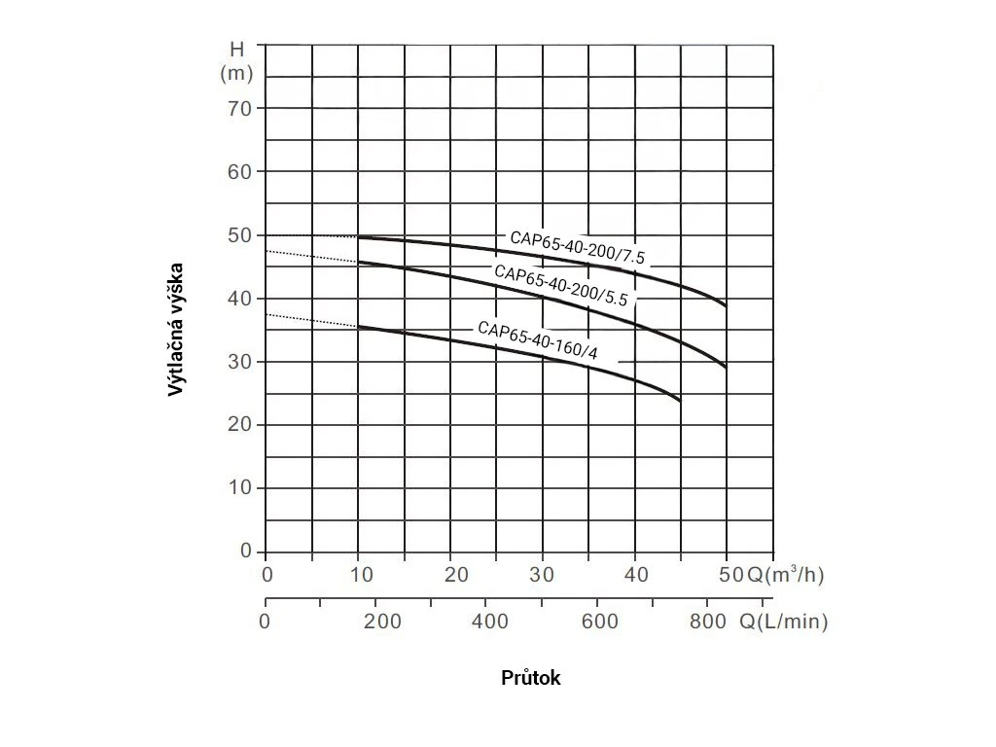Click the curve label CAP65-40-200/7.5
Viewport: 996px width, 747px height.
tap(578, 248)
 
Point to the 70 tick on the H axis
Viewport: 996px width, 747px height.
tap(240, 108)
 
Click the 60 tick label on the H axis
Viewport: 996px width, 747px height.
tap(240, 171)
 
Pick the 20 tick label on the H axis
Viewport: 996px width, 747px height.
tap(240, 425)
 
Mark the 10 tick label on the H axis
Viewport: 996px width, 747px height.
tap(240, 488)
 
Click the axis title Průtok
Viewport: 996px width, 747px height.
tap(531, 678)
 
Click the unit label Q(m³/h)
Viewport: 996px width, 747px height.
tap(785, 574)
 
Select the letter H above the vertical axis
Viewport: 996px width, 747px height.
tap(237, 50)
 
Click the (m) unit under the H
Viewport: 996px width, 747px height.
tap(237, 73)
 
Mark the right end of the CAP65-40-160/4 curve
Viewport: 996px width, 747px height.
tap(680, 400)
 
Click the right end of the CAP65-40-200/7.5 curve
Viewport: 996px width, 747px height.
tap(726, 306)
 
